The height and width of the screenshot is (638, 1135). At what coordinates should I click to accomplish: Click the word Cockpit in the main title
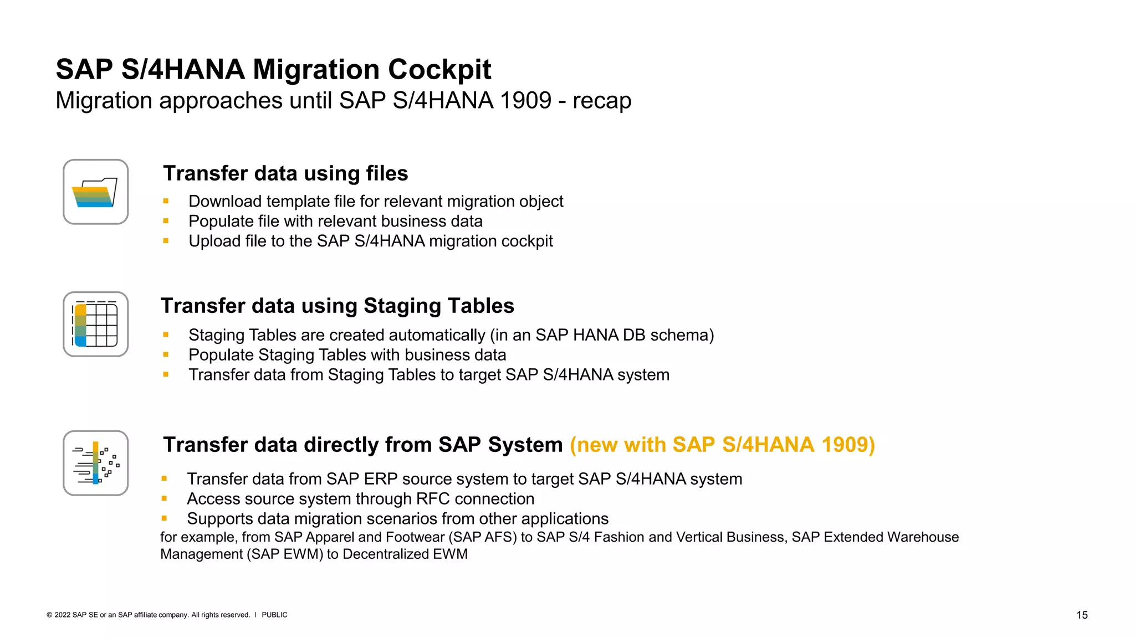click(439, 70)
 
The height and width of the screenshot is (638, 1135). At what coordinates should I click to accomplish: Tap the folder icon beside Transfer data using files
click(95, 192)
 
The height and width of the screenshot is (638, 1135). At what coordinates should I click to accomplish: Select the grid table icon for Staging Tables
click(95, 325)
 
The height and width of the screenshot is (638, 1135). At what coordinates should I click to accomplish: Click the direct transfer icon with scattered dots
click(95, 463)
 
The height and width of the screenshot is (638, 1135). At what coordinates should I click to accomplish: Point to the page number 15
click(1082, 615)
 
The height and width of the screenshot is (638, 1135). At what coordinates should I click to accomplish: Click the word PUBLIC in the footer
click(274, 615)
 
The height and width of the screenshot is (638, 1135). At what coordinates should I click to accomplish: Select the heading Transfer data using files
click(285, 173)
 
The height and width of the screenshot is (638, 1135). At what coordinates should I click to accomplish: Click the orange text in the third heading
click(722, 445)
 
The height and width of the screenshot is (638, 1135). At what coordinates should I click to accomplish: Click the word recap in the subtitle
click(602, 101)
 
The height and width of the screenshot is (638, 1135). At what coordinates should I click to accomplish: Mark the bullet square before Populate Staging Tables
click(166, 354)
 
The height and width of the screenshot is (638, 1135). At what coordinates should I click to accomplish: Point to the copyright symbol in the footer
click(49, 615)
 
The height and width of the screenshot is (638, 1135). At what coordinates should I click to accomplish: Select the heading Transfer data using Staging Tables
click(337, 306)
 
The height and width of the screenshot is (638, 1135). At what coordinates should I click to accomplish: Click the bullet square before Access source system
click(164, 498)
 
